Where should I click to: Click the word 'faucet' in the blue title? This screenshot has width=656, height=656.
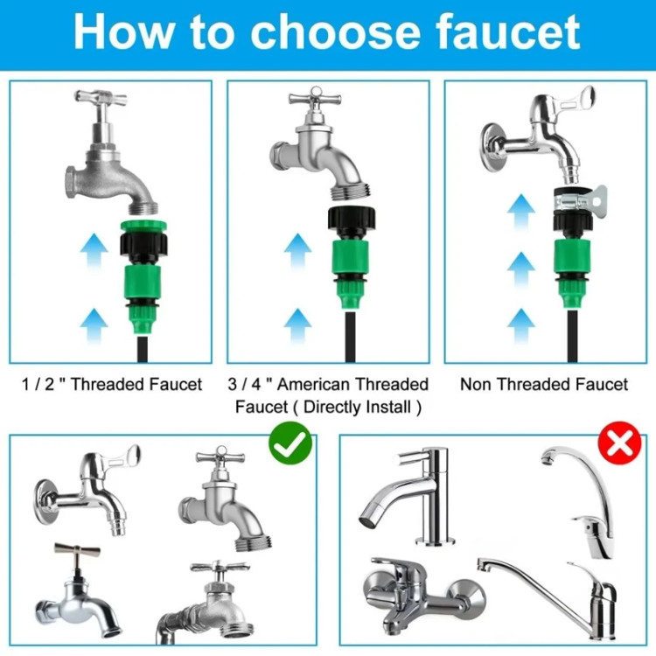[507, 32]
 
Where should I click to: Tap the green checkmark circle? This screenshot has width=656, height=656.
[290, 443]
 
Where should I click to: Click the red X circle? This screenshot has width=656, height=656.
[619, 443]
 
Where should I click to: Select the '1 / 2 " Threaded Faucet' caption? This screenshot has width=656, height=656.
[112, 384]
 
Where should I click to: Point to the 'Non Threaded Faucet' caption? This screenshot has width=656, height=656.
[544, 384]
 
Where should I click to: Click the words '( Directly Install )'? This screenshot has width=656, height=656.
[357, 407]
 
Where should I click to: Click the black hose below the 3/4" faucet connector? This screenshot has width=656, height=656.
[351, 336]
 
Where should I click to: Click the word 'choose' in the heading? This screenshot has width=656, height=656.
[335, 32]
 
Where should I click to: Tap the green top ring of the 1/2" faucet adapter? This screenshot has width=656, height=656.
[144, 227]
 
